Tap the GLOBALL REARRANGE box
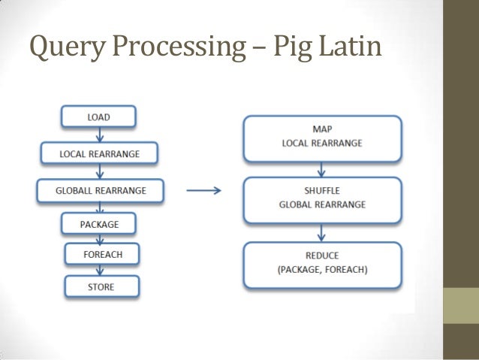click(x=101, y=191)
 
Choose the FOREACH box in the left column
click(x=103, y=255)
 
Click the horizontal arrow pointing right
click(x=203, y=191)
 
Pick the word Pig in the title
click(x=291, y=48)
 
